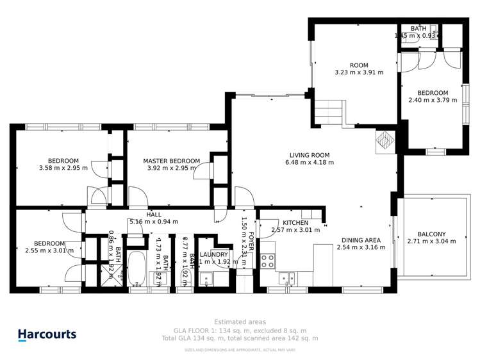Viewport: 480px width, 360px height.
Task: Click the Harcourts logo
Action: (47, 334)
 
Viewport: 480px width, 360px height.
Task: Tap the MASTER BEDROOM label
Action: (171, 161)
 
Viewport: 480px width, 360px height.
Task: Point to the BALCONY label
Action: (431, 234)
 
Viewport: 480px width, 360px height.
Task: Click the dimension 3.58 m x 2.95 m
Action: (63, 169)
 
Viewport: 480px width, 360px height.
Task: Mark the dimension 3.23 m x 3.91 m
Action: (358, 72)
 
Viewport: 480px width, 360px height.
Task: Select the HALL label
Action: (154, 215)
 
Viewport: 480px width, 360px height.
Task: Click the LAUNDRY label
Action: (213, 254)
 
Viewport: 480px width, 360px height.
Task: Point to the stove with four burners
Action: (268, 261)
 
